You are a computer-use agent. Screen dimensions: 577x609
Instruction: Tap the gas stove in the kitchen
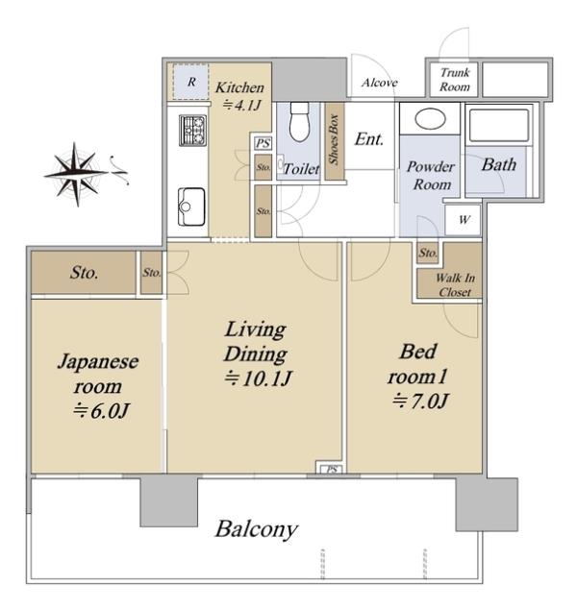tap(193, 130)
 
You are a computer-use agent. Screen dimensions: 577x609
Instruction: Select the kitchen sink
tap(191, 207)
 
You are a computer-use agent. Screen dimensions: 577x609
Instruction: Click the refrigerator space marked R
tap(191, 82)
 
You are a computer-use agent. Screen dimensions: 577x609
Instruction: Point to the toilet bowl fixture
tap(300, 122)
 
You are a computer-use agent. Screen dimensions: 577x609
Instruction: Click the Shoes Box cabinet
tap(335, 140)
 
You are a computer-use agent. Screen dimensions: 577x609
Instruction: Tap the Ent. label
tap(369, 139)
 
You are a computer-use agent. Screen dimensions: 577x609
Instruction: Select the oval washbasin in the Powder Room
tap(430, 119)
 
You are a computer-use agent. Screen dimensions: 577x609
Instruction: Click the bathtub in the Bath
tap(499, 125)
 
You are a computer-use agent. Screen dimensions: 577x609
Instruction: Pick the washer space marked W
tap(464, 220)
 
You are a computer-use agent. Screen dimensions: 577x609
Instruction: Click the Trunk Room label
tap(455, 79)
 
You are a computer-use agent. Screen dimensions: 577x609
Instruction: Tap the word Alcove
tap(380, 83)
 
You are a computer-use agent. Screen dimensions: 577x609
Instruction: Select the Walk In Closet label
tap(455, 284)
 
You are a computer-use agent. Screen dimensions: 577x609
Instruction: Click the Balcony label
tap(257, 529)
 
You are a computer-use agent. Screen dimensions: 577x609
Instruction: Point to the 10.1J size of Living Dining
tap(258, 378)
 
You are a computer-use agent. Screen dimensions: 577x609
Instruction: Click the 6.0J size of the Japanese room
tap(102, 411)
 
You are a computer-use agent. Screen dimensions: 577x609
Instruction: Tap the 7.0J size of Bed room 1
tap(420, 402)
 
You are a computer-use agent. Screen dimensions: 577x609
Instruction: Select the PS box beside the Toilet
tap(263, 143)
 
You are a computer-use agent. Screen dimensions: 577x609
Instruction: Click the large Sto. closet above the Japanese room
tap(84, 272)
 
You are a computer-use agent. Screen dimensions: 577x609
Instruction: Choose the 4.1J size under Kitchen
tap(241, 105)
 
